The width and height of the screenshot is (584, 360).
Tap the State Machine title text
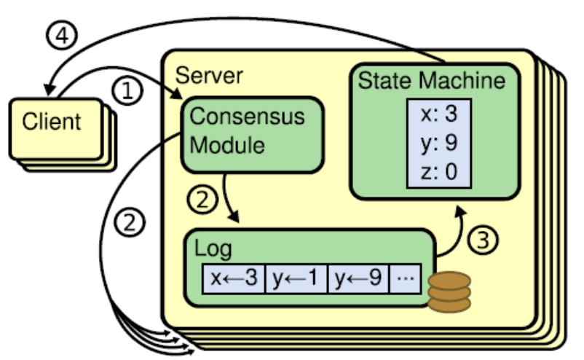(431, 79)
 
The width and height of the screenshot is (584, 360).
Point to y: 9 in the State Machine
(438, 144)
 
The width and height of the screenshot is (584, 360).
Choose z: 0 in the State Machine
(438, 173)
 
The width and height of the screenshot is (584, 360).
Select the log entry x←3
(233, 278)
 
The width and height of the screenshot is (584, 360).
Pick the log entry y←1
(296, 278)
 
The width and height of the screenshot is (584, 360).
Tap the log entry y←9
(358, 278)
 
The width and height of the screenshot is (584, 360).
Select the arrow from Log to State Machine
(451, 233)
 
